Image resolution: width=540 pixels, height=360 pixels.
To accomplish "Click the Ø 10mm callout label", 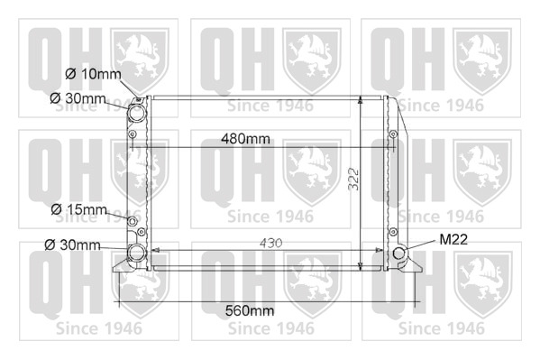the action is [93, 74].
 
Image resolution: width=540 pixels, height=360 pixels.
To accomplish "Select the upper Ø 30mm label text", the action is [78, 98].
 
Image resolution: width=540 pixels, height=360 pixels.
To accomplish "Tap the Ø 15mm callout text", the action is [78, 209].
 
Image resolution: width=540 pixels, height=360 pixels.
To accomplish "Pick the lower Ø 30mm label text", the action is [72, 245].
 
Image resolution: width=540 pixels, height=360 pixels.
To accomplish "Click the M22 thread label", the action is [453, 239].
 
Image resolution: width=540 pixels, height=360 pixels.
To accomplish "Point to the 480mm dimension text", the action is [245, 139].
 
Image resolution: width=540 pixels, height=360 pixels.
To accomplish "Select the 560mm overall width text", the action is [250, 310].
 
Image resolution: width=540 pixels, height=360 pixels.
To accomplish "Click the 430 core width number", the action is [270, 243].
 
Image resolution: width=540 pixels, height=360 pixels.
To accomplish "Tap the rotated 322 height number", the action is [353, 179].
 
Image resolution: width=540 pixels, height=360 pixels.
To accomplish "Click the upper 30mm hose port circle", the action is [136, 111].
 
